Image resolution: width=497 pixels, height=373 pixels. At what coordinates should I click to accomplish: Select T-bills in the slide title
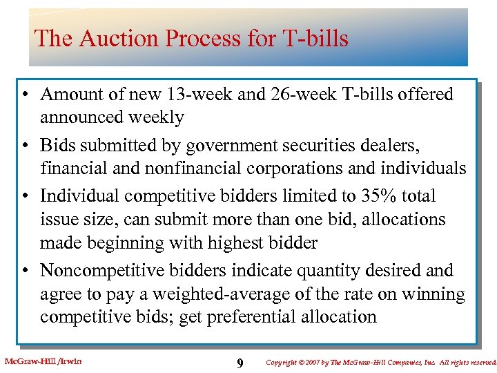point(315,38)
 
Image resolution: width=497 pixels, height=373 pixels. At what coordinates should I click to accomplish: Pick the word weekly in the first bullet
point(155,117)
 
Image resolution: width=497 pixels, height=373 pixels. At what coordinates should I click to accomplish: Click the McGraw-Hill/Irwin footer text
point(43,361)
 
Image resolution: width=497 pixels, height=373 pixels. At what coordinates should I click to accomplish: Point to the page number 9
point(239,363)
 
